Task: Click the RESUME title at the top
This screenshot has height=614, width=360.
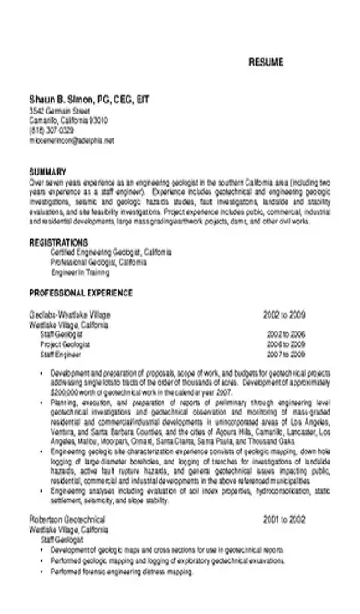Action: click(x=266, y=62)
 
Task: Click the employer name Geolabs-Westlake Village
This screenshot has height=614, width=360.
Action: click(x=69, y=315)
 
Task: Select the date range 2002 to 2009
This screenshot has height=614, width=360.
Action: click(x=282, y=315)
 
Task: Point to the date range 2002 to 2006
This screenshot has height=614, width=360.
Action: click(x=285, y=333)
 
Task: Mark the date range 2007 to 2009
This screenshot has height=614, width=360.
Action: click(x=285, y=354)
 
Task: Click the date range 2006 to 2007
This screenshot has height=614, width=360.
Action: click(x=285, y=343)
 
